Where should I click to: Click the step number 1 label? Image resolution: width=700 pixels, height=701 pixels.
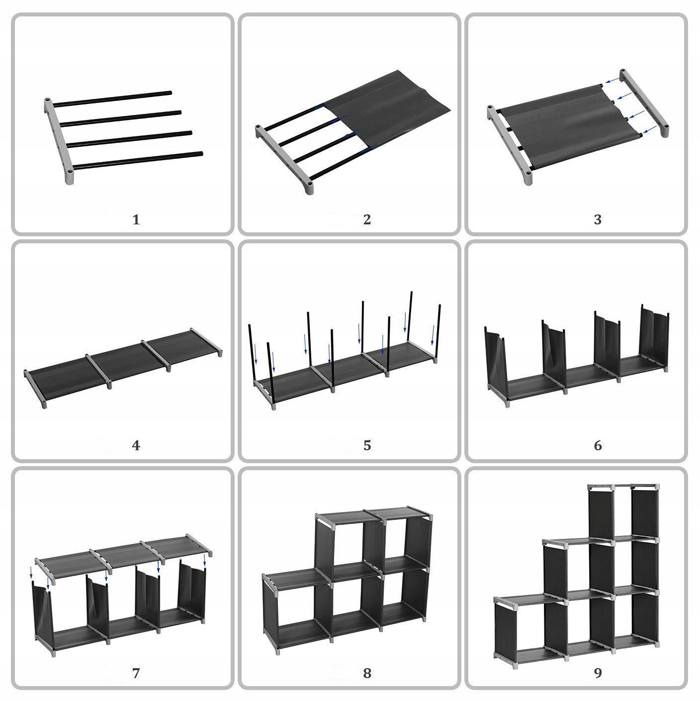(136, 219)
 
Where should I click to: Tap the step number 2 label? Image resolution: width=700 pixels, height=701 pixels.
(367, 219)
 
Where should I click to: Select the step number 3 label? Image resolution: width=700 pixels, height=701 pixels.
(598, 219)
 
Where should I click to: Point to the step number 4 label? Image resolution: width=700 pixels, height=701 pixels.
(136, 445)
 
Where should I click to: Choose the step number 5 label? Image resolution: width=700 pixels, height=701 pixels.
(367, 445)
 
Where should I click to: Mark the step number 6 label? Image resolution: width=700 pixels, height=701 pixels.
(598, 445)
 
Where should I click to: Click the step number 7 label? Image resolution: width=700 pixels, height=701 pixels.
(136, 673)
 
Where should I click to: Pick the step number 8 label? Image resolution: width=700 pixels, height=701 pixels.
(367, 673)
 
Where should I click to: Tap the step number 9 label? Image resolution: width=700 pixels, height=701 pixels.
(598, 673)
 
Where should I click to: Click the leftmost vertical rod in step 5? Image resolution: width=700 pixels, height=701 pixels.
(250, 353)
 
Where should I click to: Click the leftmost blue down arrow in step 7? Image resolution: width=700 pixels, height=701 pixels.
(31, 571)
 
